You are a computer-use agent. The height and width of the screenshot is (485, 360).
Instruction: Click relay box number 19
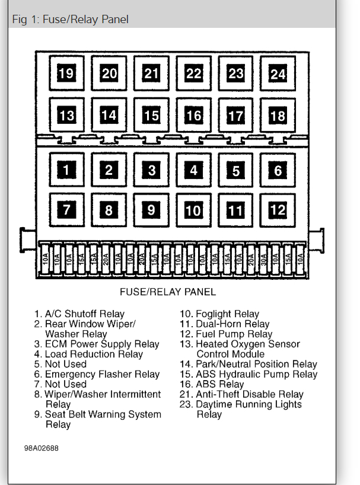(x=66, y=74)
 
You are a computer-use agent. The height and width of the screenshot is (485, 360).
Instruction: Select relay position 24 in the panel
(x=278, y=74)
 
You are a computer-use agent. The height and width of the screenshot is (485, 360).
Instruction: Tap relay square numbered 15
(x=151, y=115)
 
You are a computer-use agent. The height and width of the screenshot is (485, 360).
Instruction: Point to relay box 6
(x=278, y=171)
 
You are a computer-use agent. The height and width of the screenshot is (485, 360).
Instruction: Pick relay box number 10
(x=193, y=210)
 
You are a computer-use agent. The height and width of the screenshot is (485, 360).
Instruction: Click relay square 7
(x=66, y=210)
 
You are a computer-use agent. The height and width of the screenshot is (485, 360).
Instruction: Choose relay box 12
(x=278, y=210)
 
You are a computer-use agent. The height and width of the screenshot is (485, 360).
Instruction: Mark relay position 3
(x=151, y=171)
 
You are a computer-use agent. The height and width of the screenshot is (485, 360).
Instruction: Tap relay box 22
(x=193, y=74)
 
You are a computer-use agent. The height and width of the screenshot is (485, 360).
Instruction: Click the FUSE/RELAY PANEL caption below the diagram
(x=168, y=292)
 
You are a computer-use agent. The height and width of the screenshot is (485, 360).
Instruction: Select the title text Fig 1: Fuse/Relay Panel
(x=70, y=19)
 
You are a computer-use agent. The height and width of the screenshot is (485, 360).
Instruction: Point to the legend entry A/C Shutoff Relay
(x=84, y=314)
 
